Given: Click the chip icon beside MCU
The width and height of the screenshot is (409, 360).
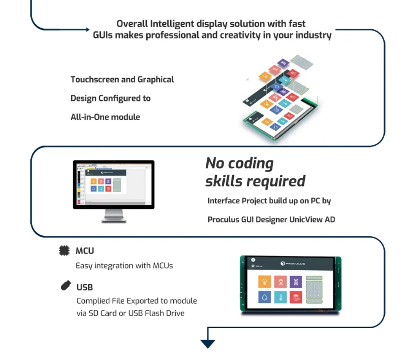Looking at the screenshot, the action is (64, 251).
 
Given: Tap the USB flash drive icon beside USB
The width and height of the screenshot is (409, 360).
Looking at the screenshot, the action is (65, 286).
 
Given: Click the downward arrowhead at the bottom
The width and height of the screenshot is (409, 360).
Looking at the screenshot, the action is (208, 344).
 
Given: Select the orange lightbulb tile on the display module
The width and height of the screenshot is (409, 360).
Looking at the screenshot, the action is (265, 282).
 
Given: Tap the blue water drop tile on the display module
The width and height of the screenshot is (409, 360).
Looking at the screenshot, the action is (265, 297).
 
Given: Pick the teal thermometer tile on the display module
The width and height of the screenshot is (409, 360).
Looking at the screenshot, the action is (280, 297).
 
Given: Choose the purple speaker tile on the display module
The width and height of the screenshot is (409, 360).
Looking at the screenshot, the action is (296, 282).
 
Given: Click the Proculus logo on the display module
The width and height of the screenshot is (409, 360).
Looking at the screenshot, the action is (293, 263).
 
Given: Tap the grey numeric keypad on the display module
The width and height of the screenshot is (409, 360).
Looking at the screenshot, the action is (314, 290).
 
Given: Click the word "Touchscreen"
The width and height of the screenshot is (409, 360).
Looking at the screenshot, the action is (95, 80).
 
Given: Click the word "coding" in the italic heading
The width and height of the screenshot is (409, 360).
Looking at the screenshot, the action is (251, 163).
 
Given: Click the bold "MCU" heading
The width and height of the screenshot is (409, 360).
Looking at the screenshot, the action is (85, 251).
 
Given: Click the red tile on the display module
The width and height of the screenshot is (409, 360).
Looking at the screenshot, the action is (296, 297).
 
